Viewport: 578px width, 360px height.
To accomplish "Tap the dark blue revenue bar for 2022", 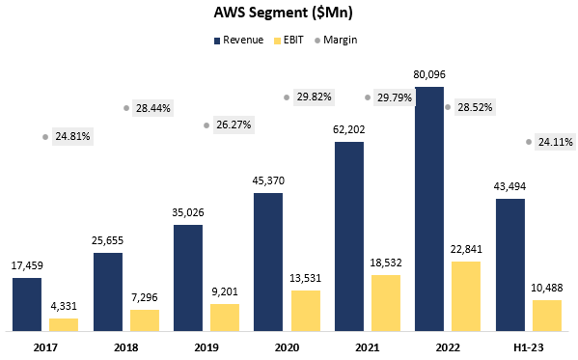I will pyautogui.click(x=429, y=208).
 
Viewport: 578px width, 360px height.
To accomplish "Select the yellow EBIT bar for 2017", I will pyautogui.click(x=64, y=324).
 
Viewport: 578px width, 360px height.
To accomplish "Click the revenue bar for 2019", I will pyautogui.click(x=188, y=278).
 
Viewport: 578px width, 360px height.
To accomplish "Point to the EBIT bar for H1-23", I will pyautogui.click(x=547, y=316).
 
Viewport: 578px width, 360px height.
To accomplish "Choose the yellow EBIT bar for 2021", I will pyautogui.click(x=386, y=303).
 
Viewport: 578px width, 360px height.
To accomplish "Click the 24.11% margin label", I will pyautogui.click(x=554, y=142).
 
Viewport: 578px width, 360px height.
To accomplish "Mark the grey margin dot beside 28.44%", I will pyautogui.click(x=126, y=108).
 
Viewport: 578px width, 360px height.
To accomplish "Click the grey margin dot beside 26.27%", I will pyautogui.click(x=206, y=125).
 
